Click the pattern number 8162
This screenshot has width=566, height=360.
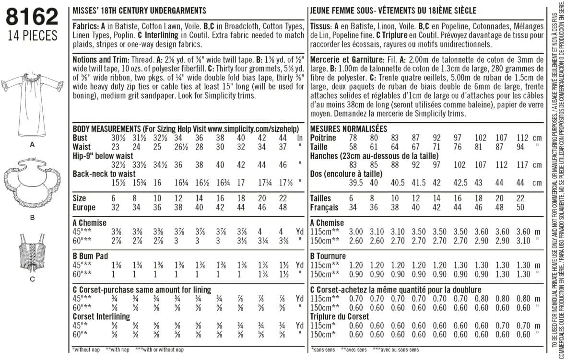click(x=32, y=18)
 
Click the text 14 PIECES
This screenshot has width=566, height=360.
click(x=32, y=36)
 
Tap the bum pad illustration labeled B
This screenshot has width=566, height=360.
click(x=33, y=185)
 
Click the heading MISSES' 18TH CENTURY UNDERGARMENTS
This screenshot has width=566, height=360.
click(x=139, y=10)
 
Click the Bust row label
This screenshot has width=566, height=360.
click(x=80, y=138)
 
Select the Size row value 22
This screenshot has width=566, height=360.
click(x=283, y=198)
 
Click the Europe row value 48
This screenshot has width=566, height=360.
click(x=283, y=207)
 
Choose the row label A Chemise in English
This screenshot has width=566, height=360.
click(x=89, y=223)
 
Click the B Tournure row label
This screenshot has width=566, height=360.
click(x=328, y=256)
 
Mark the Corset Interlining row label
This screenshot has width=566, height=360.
click(x=101, y=317)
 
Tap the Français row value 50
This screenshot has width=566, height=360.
click(x=519, y=207)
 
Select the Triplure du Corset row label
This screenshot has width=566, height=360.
click(x=340, y=317)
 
